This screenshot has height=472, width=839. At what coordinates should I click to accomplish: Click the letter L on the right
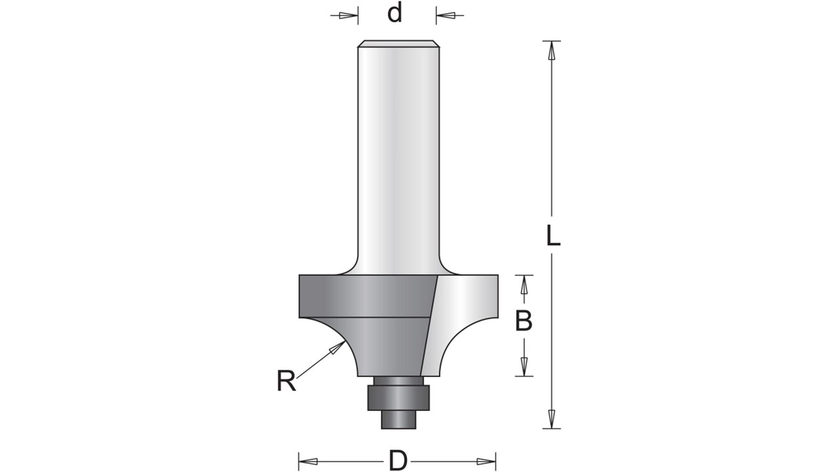(x=553, y=235)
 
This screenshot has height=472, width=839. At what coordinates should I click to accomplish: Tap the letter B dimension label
(x=524, y=321)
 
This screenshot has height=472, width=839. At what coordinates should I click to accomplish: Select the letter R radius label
(x=286, y=381)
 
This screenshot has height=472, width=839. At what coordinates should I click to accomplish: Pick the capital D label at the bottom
(x=398, y=460)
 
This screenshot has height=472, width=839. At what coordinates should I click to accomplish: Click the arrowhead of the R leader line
(x=336, y=347)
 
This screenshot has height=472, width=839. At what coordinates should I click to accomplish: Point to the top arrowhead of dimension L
(x=551, y=50)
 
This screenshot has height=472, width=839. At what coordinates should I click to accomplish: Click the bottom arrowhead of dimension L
(x=551, y=419)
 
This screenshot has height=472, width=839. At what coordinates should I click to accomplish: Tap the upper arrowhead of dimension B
(x=524, y=285)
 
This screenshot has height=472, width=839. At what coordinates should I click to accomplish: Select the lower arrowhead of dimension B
(x=524, y=366)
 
